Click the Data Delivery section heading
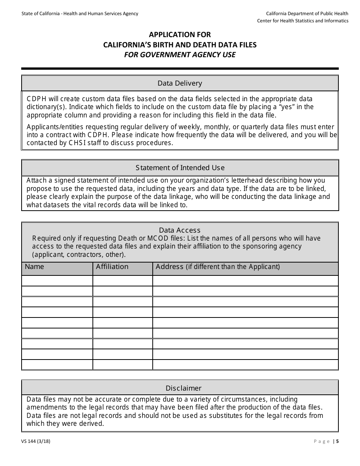[180, 83]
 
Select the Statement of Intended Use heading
[180, 168]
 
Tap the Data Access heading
[180, 230]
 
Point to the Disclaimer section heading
[183, 388]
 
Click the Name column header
[34, 267]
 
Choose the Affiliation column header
[112, 267]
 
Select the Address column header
[218, 267]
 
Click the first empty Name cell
[57, 281]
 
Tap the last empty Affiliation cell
[122, 364]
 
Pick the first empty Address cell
[245, 281]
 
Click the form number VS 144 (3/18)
[36, 441]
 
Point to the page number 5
[337, 441]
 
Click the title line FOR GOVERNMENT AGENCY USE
[180, 55]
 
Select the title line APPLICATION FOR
[180, 35]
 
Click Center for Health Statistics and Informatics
[302, 21]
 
